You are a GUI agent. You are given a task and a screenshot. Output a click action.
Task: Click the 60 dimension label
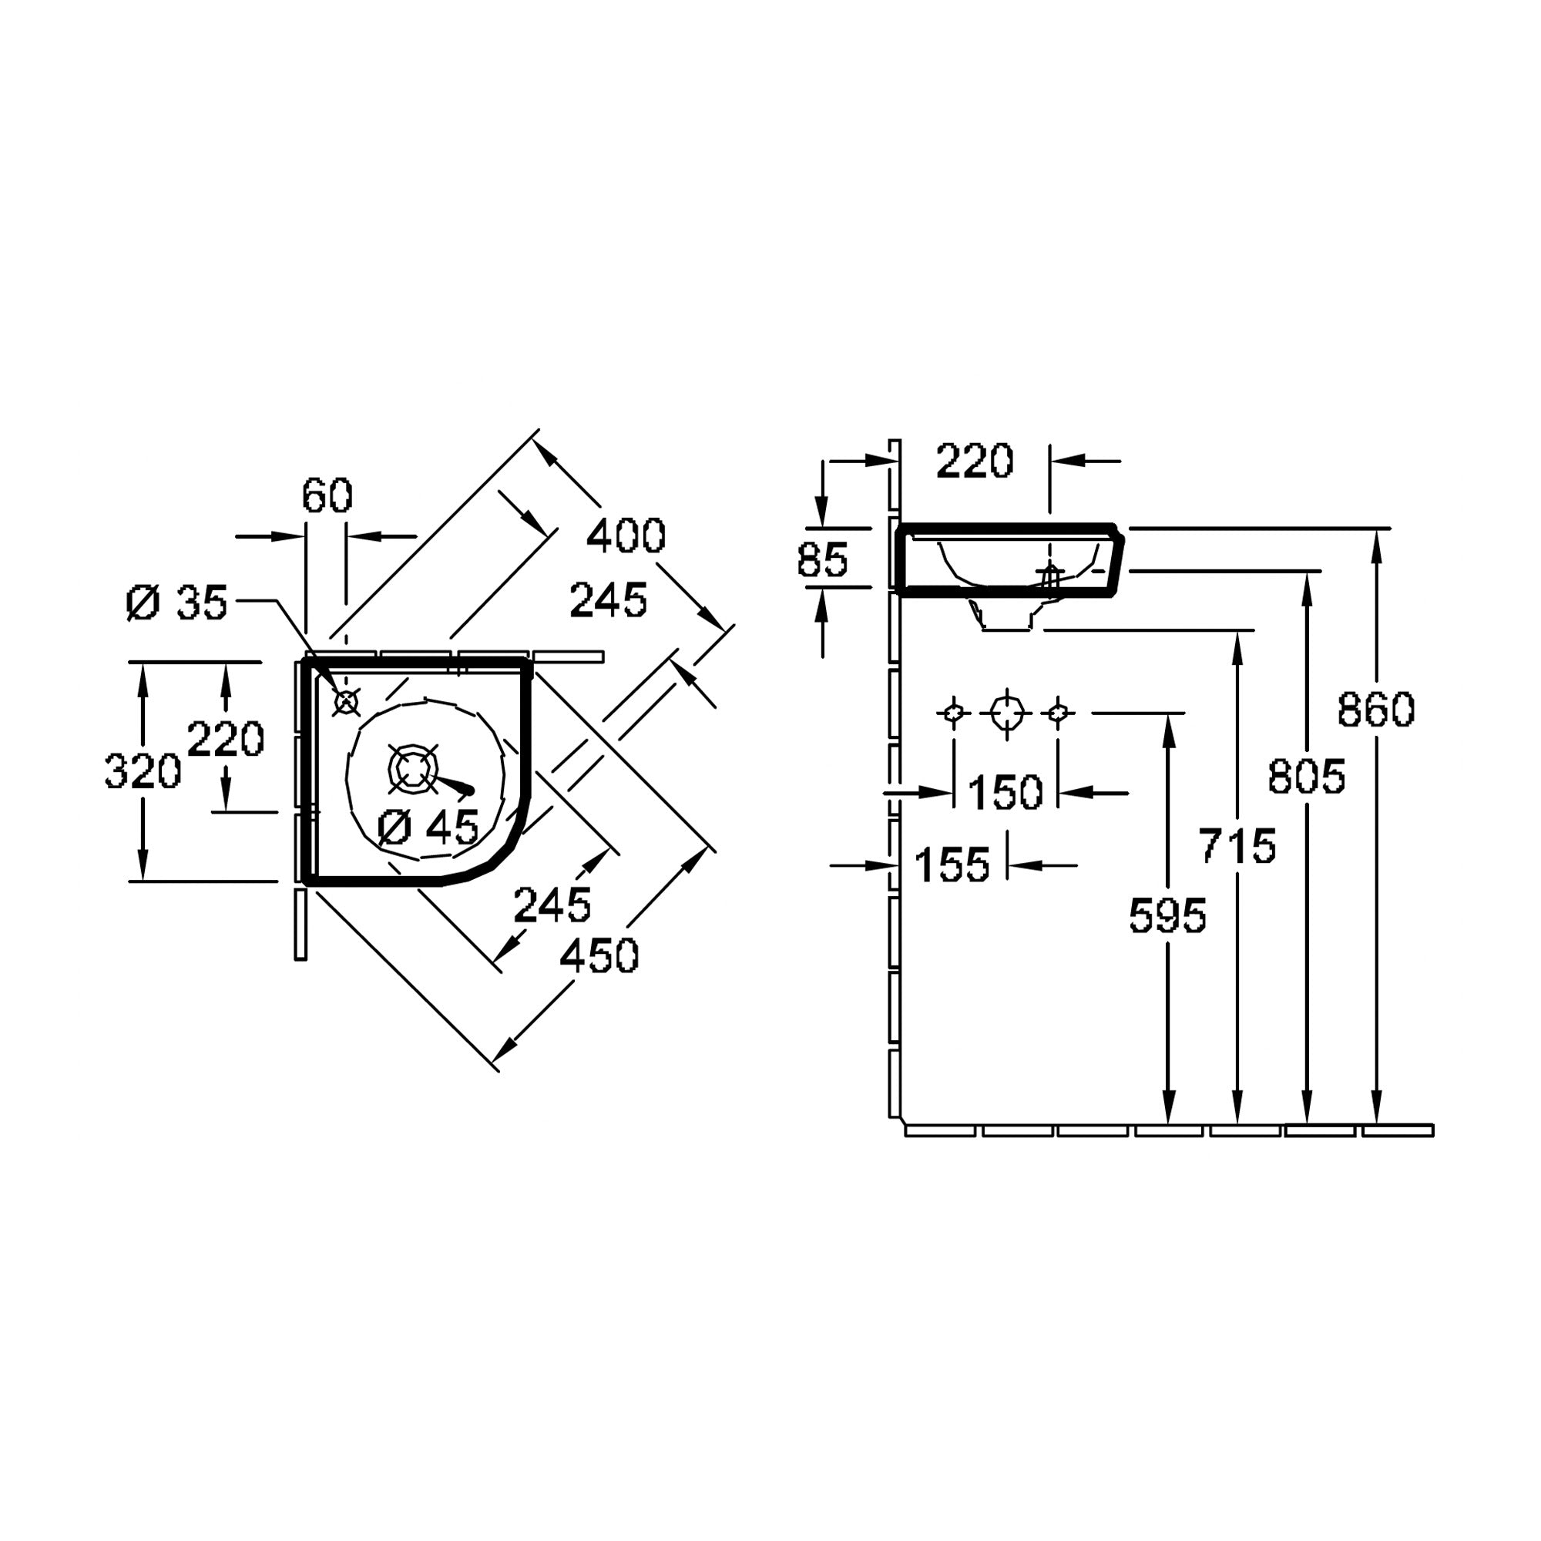coord(327,497)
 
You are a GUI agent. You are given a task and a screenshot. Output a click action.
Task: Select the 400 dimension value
coord(626,536)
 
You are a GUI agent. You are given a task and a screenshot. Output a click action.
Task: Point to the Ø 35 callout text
coord(177,603)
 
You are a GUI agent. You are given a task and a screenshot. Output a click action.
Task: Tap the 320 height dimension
coord(143,772)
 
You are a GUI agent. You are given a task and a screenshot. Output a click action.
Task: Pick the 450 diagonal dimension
coord(599,955)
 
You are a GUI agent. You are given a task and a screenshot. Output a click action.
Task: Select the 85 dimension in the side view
coord(822,560)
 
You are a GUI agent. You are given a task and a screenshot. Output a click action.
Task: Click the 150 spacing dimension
coord(1005,793)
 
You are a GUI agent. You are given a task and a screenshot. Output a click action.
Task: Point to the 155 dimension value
coord(952,865)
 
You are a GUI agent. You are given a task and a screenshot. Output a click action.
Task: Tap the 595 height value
coord(1168,915)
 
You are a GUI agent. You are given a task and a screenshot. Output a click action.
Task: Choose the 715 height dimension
coord(1237,845)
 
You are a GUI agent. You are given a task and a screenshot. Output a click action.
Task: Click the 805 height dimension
coord(1307,776)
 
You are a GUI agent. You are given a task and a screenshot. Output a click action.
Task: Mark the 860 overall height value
coord(1376,709)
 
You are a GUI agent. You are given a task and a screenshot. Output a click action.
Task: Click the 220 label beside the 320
coord(226,739)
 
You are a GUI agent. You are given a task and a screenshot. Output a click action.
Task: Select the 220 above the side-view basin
coord(974,461)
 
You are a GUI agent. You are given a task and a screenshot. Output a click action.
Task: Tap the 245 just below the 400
coord(608,601)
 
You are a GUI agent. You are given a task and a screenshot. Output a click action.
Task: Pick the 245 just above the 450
coord(552,905)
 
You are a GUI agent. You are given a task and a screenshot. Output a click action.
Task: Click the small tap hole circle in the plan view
coord(346,703)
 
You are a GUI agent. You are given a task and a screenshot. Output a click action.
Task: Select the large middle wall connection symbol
coord(1006,713)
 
